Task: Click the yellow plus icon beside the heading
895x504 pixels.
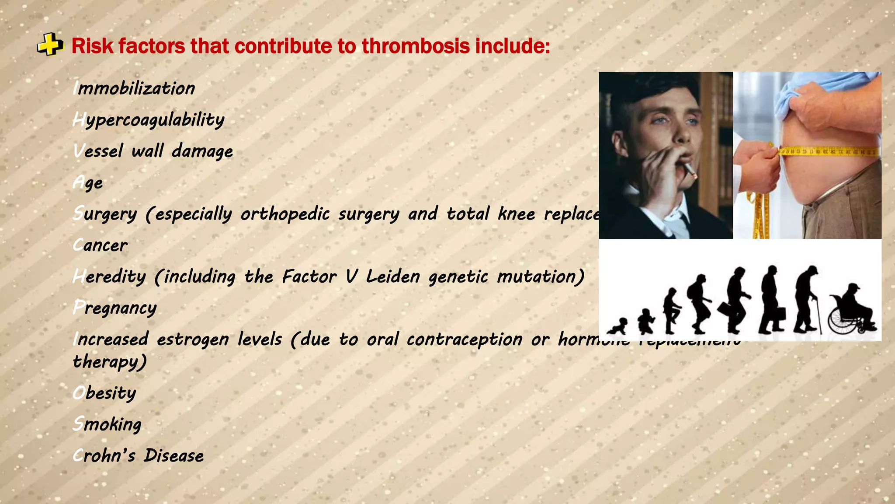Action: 50,45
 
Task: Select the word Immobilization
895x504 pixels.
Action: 134,88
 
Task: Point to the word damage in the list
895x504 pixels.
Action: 202,151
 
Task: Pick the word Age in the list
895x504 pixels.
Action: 88,183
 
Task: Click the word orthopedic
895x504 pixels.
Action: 285,214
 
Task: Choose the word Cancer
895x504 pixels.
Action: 100,245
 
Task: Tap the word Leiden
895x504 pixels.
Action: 393,277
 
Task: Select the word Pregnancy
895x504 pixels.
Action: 114,308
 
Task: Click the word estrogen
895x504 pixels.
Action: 193,339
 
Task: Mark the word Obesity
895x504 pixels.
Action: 104,393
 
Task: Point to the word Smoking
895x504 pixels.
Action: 107,424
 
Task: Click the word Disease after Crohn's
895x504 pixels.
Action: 173,456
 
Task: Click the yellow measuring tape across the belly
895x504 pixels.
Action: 828,152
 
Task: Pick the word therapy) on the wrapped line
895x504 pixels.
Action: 110,362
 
